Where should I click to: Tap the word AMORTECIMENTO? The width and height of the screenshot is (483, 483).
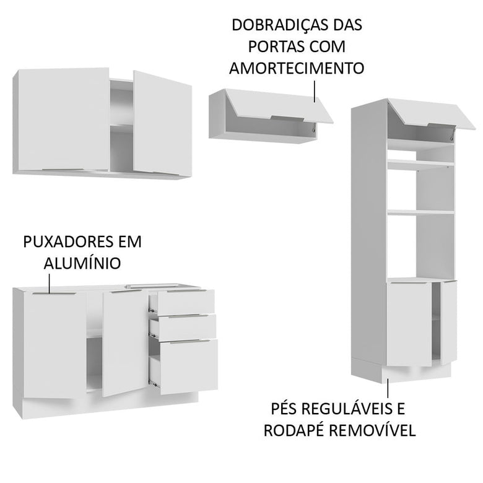coord(297,68)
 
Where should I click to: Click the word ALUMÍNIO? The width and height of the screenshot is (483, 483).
coord(82,263)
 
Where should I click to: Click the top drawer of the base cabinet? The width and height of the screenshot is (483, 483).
coord(186,301)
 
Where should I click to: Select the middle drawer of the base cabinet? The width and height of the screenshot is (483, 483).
coord(186,326)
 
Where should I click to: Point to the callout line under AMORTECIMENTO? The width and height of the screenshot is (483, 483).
coord(316,90)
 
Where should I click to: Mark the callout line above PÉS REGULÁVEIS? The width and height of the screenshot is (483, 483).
coord(388,387)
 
